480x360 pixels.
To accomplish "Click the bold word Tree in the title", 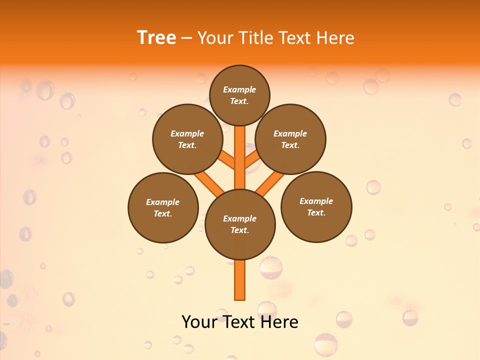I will pyautogui.click(x=156, y=38).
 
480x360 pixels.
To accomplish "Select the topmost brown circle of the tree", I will pyautogui.click(x=239, y=95).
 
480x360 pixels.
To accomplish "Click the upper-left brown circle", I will pyautogui.click(x=187, y=139).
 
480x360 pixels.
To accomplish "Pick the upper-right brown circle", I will pyautogui.click(x=290, y=139).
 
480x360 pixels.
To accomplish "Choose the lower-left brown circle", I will pyautogui.click(x=163, y=207).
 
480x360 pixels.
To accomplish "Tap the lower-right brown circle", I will pyautogui.click(x=316, y=206).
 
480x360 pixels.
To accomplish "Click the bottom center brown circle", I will pyautogui.click(x=240, y=224).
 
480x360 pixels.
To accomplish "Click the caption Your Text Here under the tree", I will pyautogui.click(x=240, y=322).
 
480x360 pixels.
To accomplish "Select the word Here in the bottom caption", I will pyautogui.click(x=279, y=322).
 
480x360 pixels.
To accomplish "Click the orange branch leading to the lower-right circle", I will pyautogui.click(x=270, y=182).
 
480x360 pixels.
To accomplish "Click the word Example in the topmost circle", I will pyautogui.click(x=239, y=89).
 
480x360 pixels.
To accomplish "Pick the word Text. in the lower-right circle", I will pyautogui.click(x=316, y=212).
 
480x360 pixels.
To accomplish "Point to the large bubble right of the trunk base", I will pyautogui.click(x=271, y=267).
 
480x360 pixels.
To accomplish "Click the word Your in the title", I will pyautogui.click(x=213, y=38).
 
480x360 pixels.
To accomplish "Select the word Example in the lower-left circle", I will pyautogui.click(x=163, y=202).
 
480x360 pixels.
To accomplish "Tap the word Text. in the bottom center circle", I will pyautogui.click(x=239, y=230).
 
